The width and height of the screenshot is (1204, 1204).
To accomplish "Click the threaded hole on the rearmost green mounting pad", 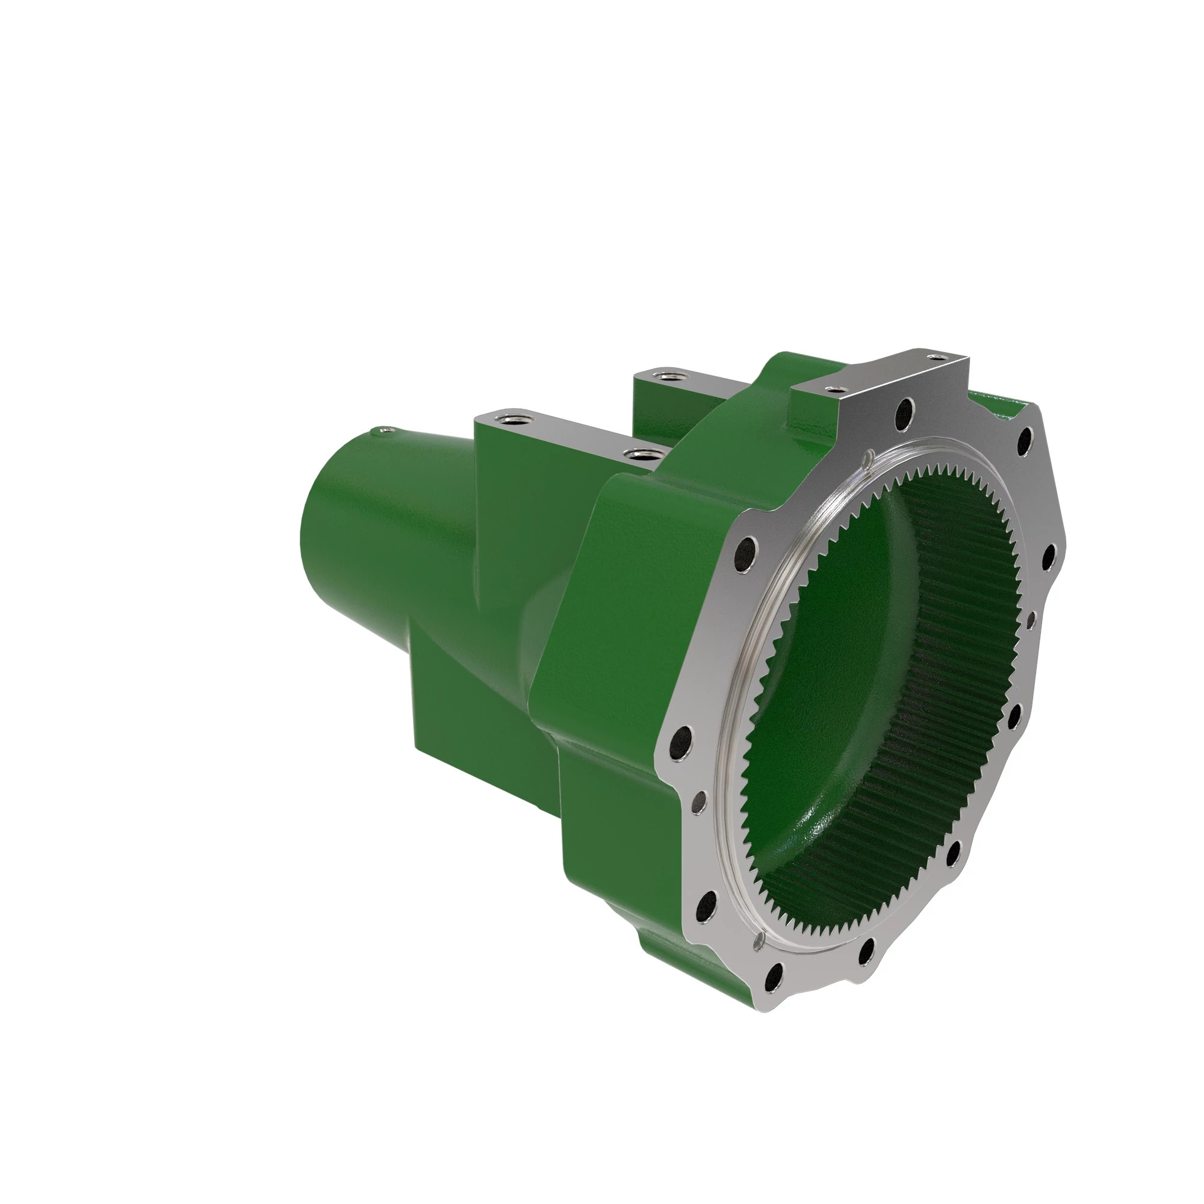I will tap(666, 376).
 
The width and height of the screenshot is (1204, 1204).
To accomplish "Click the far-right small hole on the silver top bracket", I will tap(936, 357).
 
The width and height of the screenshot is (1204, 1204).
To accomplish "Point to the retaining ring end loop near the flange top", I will tap(867, 459).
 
